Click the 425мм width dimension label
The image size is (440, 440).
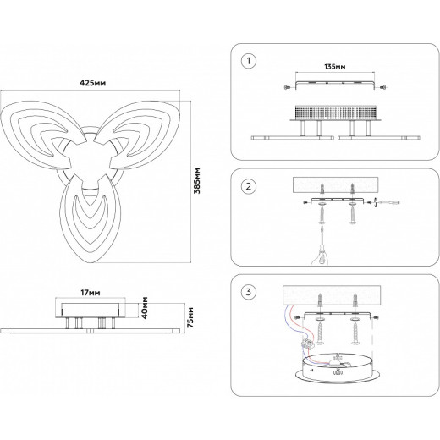click(x=92, y=83)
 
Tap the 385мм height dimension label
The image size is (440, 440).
click(x=197, y=181)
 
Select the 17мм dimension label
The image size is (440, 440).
click(x=91, y=293)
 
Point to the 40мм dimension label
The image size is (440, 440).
click(x=145, y=307)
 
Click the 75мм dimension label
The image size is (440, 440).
click(x=190, y=317)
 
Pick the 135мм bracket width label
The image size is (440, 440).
click(x=335, y=67)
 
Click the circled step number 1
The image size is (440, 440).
click(x=249, y=61)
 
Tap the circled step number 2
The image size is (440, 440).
click(x=249, y=186)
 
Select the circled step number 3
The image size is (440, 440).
click(x=249, y=292)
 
